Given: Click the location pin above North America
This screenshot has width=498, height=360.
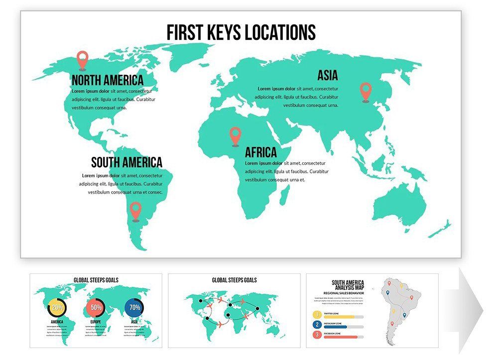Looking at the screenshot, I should (83, 59).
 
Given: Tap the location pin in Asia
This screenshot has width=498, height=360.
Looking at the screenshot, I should (366, 91).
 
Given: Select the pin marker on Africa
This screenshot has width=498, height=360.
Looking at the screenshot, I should (235, 135).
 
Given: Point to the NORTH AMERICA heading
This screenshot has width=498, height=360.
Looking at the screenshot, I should (107, 80).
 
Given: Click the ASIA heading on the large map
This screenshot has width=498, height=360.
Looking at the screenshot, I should (328, 76).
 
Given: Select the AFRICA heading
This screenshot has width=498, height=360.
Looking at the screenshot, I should (260, 152).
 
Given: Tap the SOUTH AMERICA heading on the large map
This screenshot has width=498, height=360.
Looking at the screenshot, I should (126, 162).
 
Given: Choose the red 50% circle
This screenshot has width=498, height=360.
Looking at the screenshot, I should (96, 307).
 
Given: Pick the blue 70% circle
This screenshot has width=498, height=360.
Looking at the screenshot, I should (134, 307).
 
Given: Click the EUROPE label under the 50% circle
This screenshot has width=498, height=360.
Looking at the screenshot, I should (96, 322).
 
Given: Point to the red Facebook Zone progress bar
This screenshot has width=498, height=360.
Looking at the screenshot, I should (344, 337).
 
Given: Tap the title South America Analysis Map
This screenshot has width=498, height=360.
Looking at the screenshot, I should (348, 285).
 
